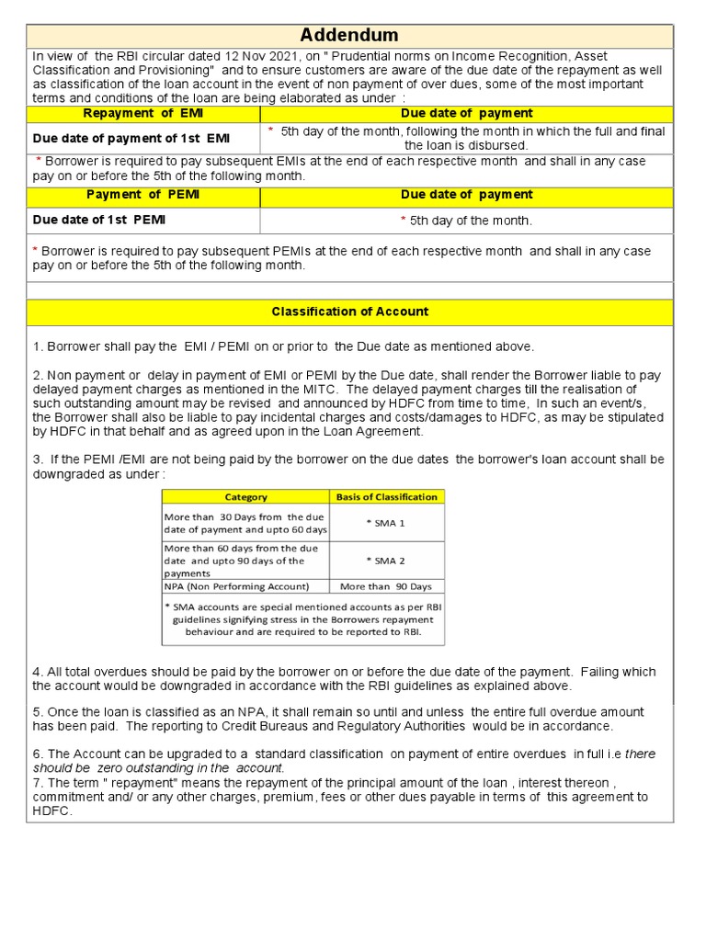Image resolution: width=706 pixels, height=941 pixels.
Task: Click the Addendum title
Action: click(350, 36)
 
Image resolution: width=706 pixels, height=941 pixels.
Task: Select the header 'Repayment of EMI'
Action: click(142, 113)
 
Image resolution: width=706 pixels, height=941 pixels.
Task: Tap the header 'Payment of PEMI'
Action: click(142, 195)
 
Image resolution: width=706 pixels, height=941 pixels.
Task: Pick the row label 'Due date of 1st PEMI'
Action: click(99, 221)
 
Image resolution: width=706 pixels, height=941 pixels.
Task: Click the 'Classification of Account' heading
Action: click(350, 312)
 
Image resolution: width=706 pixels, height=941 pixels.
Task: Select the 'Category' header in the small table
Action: click(245, 497)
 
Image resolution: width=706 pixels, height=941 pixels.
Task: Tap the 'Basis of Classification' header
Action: click(386, 497)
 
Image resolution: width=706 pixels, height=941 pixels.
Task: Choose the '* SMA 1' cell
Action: click(385, 523)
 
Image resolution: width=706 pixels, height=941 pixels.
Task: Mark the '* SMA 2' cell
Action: click(385, 561)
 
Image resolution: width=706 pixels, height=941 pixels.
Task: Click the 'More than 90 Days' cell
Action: click(385, 586)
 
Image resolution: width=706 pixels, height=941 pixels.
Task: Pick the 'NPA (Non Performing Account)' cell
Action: click(236, 586)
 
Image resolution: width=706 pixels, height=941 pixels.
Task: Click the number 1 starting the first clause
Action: click(36, 346)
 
